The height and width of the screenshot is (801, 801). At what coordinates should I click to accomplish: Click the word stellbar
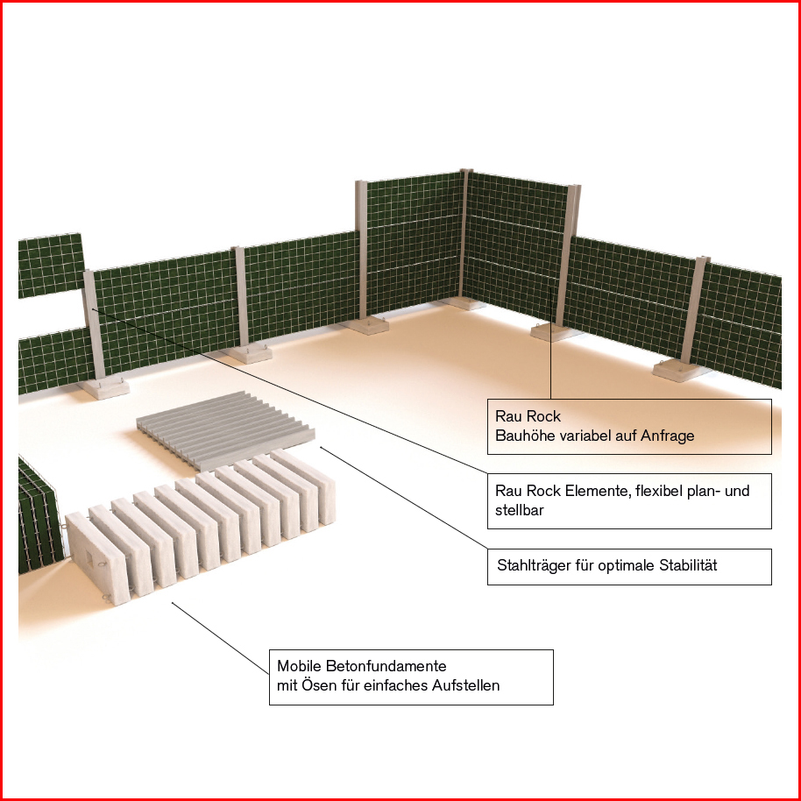tap(519, 510)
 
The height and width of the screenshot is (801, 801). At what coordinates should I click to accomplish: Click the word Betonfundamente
tap(386, 666)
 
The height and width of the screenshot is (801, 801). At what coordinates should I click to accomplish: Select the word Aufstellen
tap(466, 685)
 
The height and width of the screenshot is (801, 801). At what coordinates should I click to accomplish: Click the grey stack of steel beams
tap(225, 430)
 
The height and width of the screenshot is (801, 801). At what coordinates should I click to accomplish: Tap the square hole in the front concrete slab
tap(89, 556)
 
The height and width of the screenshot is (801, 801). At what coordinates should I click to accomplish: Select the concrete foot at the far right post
tap(678, 370)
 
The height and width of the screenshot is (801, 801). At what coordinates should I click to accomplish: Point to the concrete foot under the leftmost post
tap(104, 388)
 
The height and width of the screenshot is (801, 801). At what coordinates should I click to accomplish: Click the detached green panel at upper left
tap(51, 266)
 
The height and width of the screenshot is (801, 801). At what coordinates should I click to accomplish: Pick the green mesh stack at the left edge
tap(39, 517)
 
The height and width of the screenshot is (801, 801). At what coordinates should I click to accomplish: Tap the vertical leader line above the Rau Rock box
tap(550, 343)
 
